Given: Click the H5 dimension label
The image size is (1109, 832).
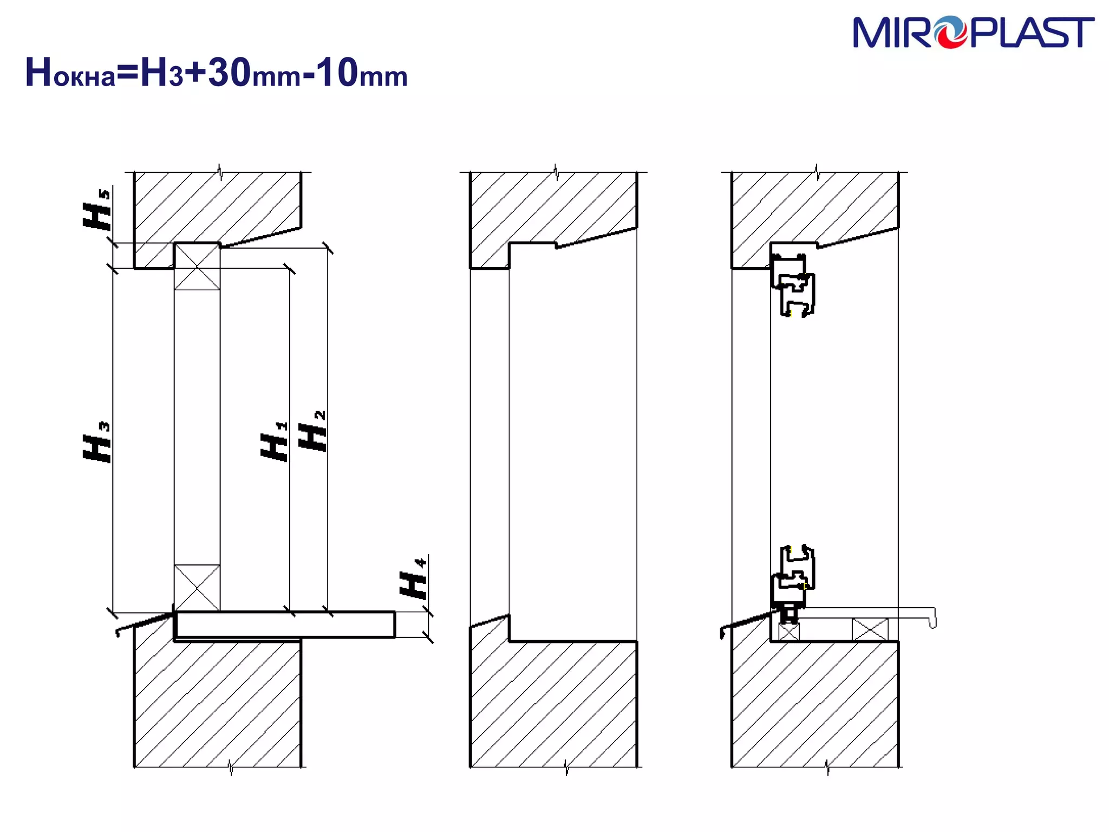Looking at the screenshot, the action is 97,209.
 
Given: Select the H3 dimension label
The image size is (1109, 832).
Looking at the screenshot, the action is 97,442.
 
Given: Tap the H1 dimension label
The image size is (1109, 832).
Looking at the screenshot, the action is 275,441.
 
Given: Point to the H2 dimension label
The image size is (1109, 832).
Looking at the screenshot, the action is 313,431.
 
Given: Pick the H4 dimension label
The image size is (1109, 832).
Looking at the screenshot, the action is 414,578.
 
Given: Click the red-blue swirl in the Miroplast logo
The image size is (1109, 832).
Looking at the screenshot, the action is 949,32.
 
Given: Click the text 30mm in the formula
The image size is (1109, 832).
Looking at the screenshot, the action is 254,73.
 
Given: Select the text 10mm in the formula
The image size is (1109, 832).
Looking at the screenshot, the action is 362,73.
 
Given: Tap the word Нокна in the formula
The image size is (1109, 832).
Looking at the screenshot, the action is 70,73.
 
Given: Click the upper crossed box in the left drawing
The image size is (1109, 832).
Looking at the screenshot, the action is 197,266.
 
